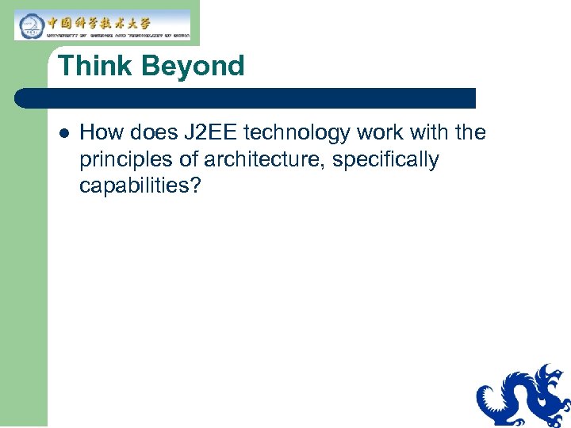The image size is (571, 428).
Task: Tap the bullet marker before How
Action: [x=63, y=132]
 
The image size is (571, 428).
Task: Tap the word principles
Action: [x=126, y=160]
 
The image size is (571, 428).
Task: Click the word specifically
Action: [x=385, y=160]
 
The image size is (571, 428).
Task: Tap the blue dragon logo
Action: [x=523, y=396]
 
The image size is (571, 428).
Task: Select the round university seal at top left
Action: [x=30, y=25]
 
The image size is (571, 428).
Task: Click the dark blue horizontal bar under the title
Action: [x=246, y=98]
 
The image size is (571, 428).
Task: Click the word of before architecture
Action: [x=188, y=159]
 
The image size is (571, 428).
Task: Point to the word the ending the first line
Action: [x=470, y=132]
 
